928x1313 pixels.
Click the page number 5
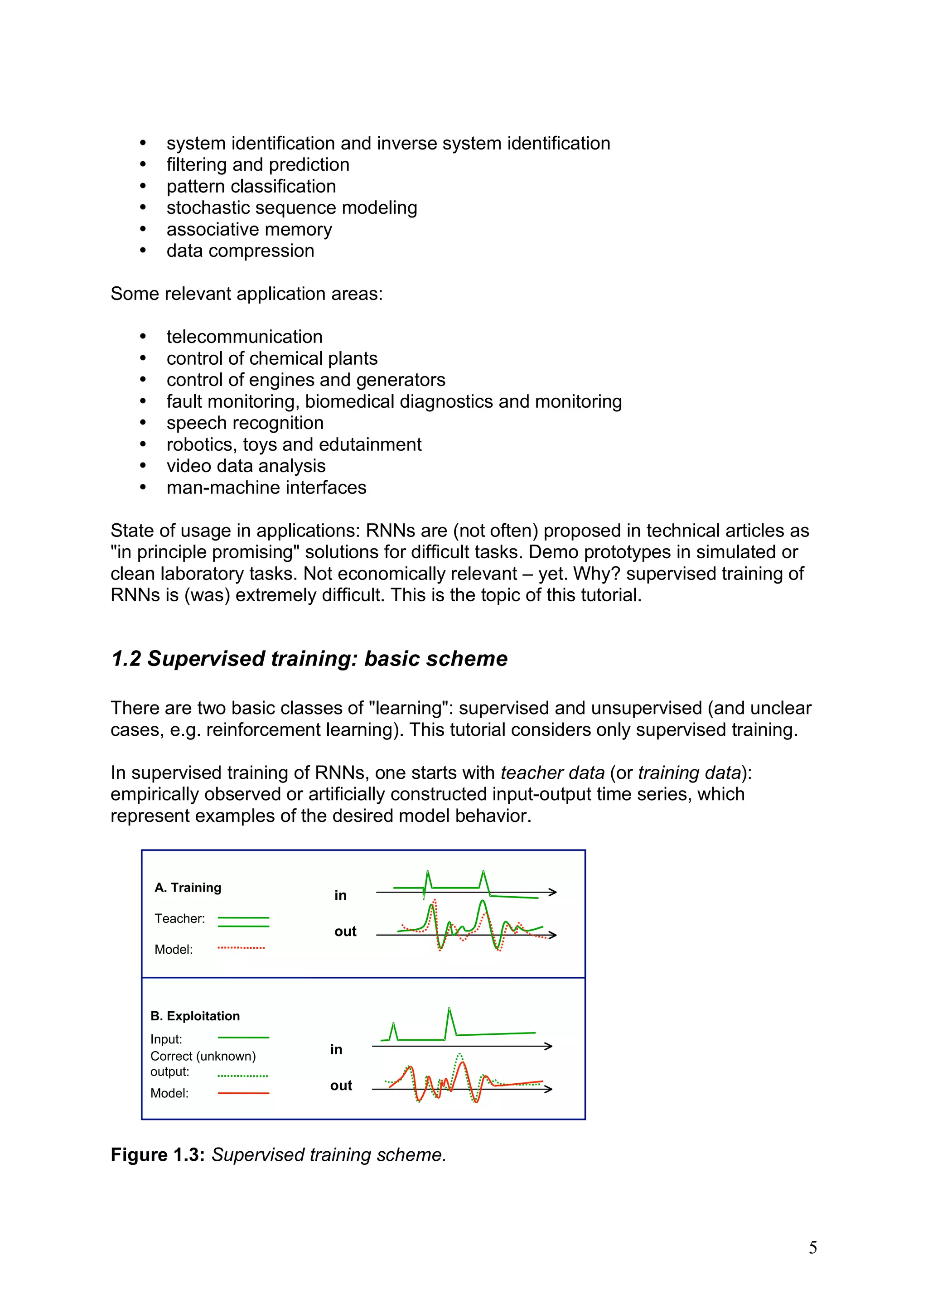tap(812, 1247)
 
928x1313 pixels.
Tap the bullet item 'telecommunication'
tap(244, 337)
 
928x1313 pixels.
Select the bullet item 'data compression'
tap(240, 251)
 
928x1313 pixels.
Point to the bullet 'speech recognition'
tap(245, 423)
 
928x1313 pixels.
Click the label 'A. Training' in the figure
tap(188, 888)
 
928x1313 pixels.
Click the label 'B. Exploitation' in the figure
tap(195, 1016)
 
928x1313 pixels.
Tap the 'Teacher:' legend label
tap(179, 918)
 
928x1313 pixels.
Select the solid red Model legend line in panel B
tap(243, 1093)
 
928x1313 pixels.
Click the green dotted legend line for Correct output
tap(242, 1076)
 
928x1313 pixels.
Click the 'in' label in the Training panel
tap(340, 896)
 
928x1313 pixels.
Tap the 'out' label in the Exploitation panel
tap(341, 1086)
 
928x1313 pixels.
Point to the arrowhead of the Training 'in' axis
tap(553, 892)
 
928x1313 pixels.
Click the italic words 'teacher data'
tap(552, 773)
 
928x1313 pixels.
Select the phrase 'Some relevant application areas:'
tap(246, 294)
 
